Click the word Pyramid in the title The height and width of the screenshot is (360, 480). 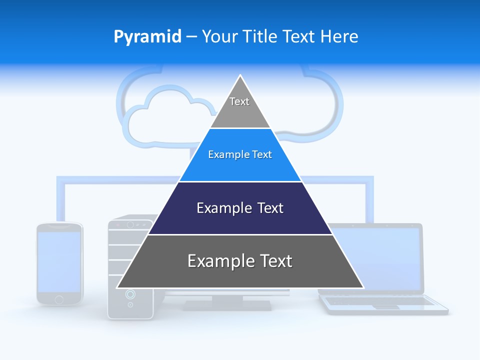coord(147,37)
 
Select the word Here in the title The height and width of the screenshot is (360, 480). coord(339,37)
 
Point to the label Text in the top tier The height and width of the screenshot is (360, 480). coord(239,101)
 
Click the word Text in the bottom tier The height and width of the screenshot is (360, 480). coord(271,261)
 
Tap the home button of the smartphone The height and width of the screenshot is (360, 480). coord(59,299)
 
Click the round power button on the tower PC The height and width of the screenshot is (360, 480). coord(130,294)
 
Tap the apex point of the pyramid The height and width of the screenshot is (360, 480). coord(240,76)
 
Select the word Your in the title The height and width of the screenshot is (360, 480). coord(218,37)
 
